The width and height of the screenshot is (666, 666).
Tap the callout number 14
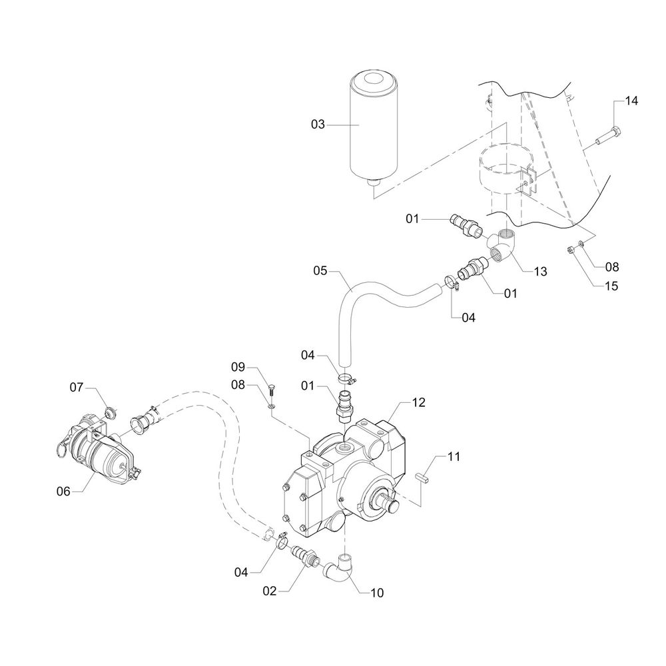coord(631,101)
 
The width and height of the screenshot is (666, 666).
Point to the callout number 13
coord(541,271)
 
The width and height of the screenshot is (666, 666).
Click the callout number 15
coord(611,286)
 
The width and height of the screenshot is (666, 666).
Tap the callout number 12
coord(419,402)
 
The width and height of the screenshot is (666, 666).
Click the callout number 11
coord(454,457)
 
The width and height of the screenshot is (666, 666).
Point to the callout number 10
coord(376,591)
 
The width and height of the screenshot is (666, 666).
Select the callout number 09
coord(239,367)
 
